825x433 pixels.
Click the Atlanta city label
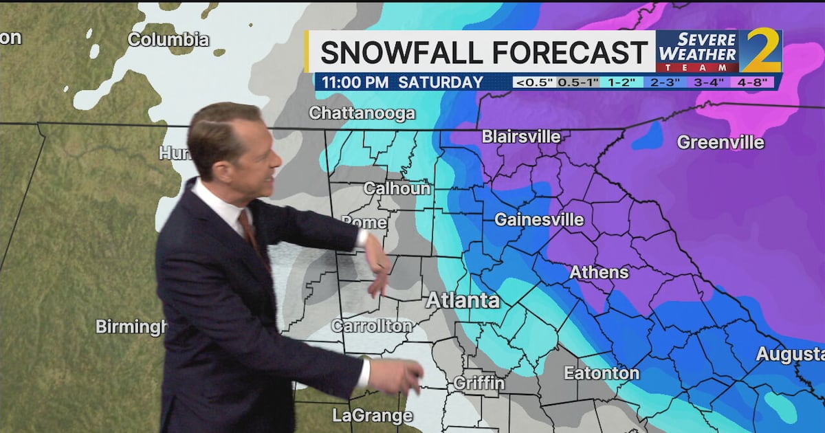463,300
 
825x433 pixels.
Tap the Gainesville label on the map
539,220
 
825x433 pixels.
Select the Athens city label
599,272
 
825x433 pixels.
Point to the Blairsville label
521,136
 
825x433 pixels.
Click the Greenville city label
720,142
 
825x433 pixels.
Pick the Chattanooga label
362,113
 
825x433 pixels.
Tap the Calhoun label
397,188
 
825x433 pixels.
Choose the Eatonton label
602,373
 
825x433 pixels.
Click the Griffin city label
479,383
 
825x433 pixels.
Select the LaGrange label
372,415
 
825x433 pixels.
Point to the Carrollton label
372,326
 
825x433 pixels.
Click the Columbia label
168,39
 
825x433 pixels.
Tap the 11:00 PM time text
355,82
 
